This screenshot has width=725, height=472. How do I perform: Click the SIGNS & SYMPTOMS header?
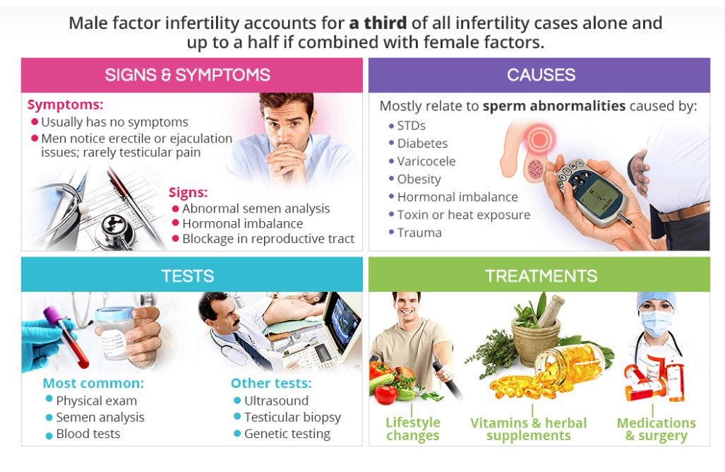pos(187,75)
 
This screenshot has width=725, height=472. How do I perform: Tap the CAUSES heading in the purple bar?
pos(541,75)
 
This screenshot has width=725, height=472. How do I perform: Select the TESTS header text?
pos(188,276)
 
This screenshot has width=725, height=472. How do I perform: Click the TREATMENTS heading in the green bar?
pos(541,276)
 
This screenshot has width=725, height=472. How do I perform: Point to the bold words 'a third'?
pos(378,23)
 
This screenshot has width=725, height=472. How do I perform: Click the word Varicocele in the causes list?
pos(426,161)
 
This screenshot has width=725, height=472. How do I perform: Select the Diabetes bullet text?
pos(422,143)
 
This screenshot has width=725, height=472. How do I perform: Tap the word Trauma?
pos(419,232)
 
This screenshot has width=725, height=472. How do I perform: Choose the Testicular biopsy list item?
pos(292,418)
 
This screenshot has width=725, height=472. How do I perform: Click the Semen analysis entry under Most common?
pos(100,418)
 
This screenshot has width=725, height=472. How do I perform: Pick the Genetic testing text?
pos(287,434)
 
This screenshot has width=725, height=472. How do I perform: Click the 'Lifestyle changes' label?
pos(413,429)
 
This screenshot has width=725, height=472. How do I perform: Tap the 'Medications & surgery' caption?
pos(656,429)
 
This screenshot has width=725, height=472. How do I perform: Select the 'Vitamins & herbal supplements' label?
pos(529,429)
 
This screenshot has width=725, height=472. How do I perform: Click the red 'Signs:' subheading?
pos(188,192)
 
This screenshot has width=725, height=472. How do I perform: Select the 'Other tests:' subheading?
pos(271,383)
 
